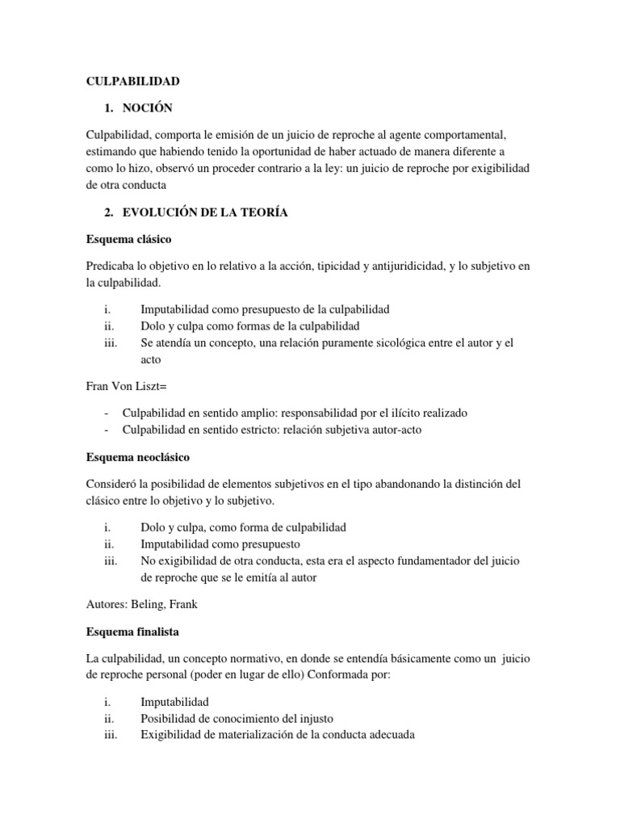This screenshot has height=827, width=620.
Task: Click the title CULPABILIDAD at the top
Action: pyautogui.click(x=133, y=82)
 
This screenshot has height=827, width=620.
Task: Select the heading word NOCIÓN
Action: pyautogui.click(x=147, y=107)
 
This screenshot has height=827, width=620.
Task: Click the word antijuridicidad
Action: pyautogui.click(x=401, y=266)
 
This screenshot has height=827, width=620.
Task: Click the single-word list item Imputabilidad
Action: pyautogui.click(x=174, y=702)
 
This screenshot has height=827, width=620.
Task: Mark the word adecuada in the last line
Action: pyautogui.click(x=390, y=735)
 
